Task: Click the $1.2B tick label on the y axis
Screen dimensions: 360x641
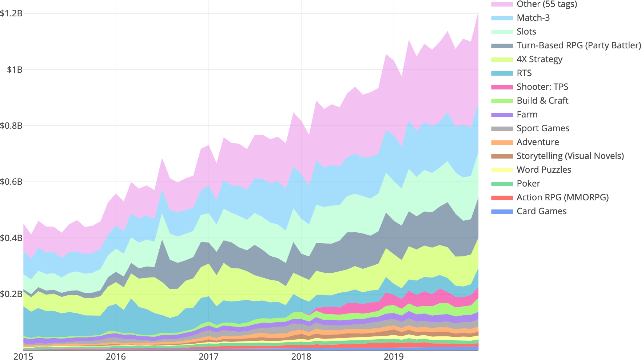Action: pyautogui.click(x=11, y=13)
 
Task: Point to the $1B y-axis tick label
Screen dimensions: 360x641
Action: pyautogui.click(x=15, y=69)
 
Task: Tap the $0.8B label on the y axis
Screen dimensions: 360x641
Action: pyautogui.click(x=11, y=126)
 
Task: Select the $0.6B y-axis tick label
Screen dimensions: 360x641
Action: pyautogui.click(x=11, y=182)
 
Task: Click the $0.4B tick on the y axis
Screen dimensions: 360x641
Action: pyautogui.click(x=11, y=238)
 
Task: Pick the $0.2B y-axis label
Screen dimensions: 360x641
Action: pyautogui.click(x=11, y=294)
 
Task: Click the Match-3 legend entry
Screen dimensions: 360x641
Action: pyautogui.click(x=533, y=18)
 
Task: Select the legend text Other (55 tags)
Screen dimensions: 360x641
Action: pyautogui.click(x=547, y=4)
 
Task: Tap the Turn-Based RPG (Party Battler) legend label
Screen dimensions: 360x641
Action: pyautogui.click(x=578, y=45)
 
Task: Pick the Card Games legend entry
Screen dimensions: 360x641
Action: pyautogui.click(x=541, y=211)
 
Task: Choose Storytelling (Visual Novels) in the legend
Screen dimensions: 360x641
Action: pyautogui.click(x=570, y=156)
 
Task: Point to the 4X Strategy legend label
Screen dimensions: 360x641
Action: pyautogui.click(x=540, y=59)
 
